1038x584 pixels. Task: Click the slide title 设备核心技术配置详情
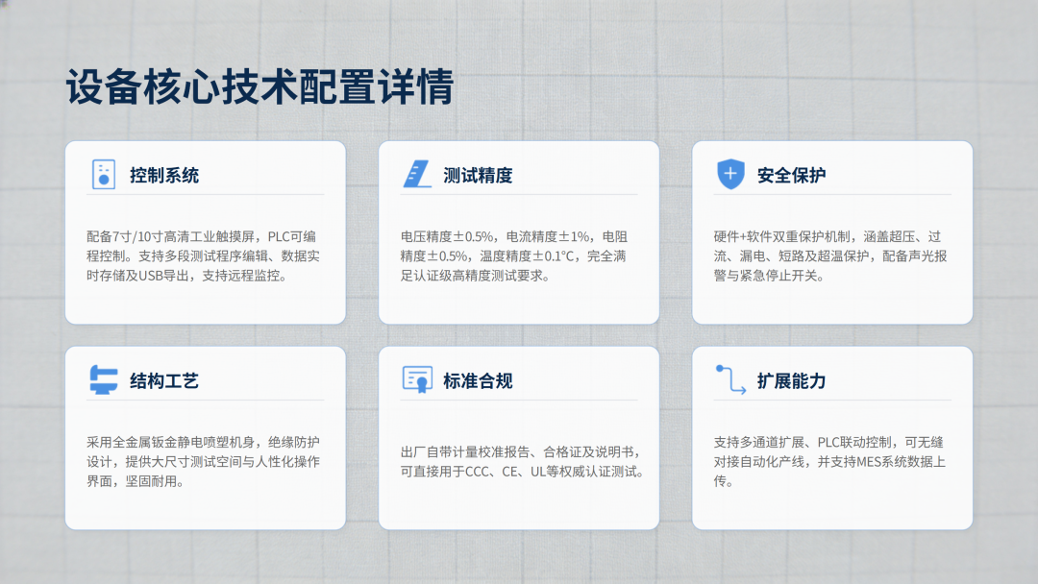tap(259, 86)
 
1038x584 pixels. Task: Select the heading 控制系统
tap(164, 175)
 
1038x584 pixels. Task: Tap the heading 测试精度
tap(478, 175)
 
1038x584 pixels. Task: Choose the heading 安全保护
tap(791, 175)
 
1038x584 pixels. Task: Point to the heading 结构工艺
tap(164, 381)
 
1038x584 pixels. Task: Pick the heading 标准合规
tap(478, 381)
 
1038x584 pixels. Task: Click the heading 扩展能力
tap(791, 381)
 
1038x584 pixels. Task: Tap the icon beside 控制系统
tap(103, 175)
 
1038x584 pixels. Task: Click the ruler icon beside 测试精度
tap(417, 174)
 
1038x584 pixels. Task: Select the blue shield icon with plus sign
tap(730, 174)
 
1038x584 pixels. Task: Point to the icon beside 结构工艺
tap(103, 379)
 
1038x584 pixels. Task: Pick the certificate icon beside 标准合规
tap(417, 379)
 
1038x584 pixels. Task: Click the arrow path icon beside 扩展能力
tap(730, 379)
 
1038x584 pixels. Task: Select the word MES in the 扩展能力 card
tap(870, 462)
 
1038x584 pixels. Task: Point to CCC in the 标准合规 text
tap(477, 472)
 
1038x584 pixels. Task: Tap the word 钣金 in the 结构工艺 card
tap(163, 443)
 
